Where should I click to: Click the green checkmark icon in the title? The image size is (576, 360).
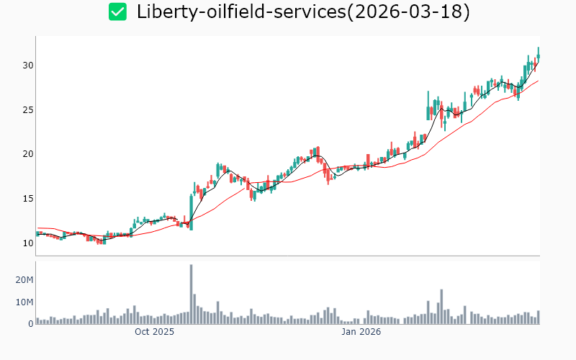coord(117,12)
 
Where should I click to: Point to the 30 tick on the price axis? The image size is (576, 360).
coord(28,66)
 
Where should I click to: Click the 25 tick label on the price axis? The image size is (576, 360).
coord(28,110)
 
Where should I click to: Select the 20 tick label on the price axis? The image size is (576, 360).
coord(28,154)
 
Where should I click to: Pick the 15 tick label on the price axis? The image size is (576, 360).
coord(28,199)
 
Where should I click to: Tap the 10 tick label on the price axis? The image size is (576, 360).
coord(28,243)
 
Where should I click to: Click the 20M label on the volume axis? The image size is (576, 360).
coord(24,279)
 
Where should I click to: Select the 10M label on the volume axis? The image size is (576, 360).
coord(24,302)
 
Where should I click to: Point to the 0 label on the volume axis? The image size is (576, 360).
coord(31,324)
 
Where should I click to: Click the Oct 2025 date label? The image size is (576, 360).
coord(155,332)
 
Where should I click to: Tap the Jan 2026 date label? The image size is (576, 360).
coord(361,332)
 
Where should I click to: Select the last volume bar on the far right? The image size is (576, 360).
coord(538,318)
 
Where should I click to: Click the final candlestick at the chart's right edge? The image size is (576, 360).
coord(538,55)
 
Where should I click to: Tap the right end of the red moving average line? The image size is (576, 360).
coord(538,81)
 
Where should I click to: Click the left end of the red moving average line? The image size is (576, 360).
coord(37,228)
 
